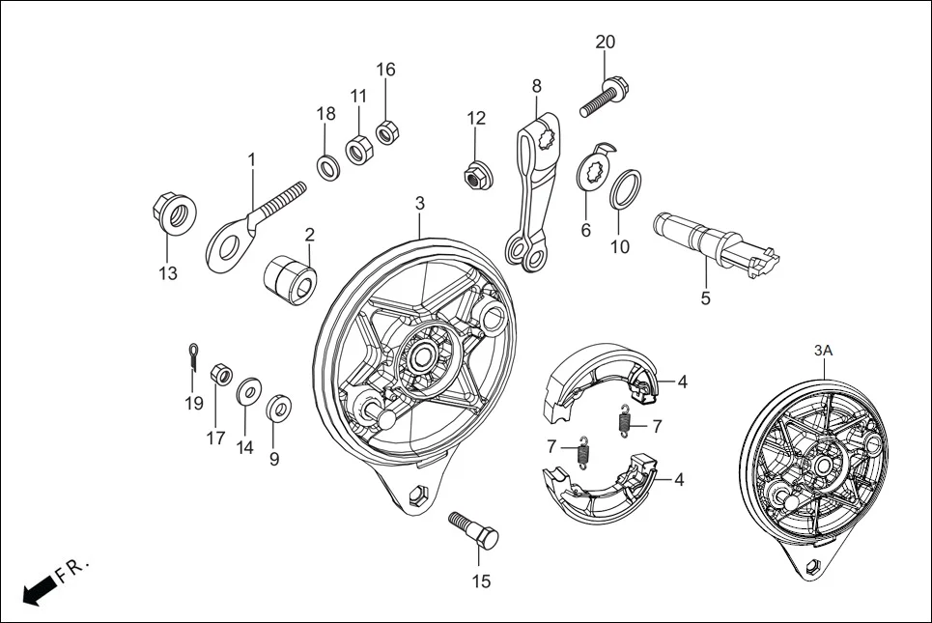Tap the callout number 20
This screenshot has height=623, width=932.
(605, 42)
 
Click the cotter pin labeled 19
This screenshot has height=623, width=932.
(192, 356)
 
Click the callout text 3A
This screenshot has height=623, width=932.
(823, 352)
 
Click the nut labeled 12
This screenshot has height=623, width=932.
(474, 176)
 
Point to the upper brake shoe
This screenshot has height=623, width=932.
(598, 382)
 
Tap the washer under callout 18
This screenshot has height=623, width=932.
(328, 166)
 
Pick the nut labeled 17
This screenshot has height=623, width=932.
(219, 375)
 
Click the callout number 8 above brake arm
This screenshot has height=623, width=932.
(537, 86)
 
